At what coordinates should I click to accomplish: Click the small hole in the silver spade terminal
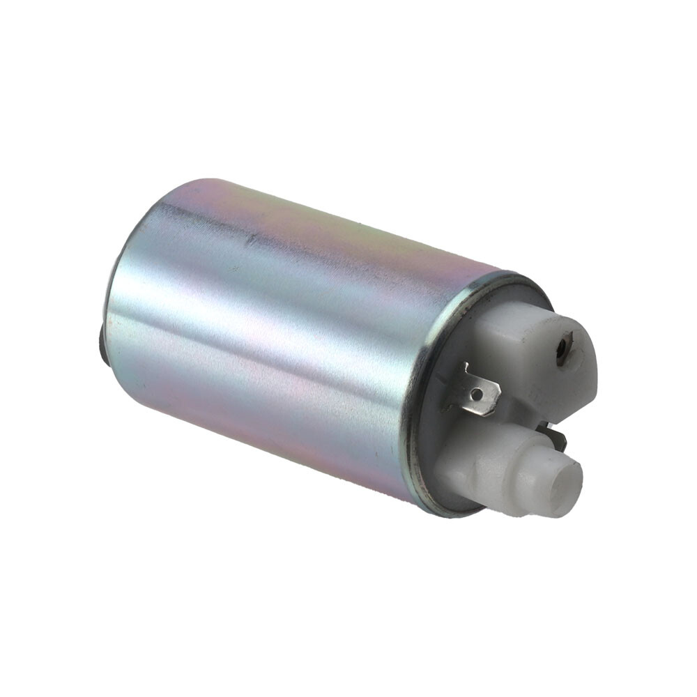[476, 395]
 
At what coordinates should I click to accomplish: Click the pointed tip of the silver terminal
[498, 400]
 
